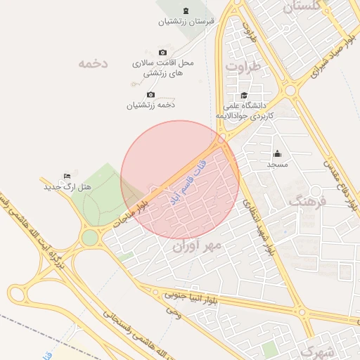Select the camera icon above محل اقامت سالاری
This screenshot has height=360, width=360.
pyautogui.click(x=163, y=52)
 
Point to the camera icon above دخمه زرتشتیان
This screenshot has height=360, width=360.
pyautogui.click(x=150, y=94)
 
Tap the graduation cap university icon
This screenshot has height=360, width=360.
pyautogui.click(x=244, y=95)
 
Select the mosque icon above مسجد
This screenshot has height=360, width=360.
pyautogui.click(x=277, y=154)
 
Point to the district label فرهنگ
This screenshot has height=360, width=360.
pyautogui.click(x=309, y=201)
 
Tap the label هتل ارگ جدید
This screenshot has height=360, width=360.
pyautogui.click(x=67, y=187)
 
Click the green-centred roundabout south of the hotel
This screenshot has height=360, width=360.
pyautogui.click(x=90, y=238)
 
